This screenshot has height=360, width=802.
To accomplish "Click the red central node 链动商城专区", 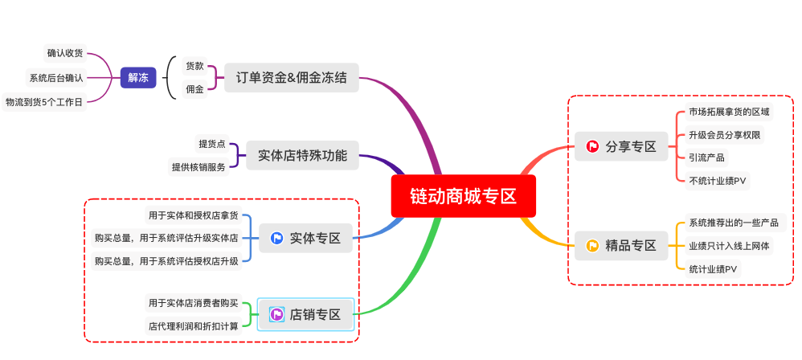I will [463, 196].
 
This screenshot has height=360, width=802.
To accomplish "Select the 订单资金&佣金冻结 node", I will [291, 78].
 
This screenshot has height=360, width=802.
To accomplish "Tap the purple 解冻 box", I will [138, 78].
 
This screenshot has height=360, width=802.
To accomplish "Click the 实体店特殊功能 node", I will [302, 156].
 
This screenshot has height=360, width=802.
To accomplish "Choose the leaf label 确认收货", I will [64, 53].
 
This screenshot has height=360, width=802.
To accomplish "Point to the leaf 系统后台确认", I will [55, 78].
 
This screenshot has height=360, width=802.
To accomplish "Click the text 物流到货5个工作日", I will [44, 102].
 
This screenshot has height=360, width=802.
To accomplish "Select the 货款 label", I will [194, 66].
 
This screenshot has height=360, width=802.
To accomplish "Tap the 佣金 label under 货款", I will [194, 89].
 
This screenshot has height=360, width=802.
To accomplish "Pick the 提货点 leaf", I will [212, 144].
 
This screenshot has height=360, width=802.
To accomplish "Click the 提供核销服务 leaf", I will [198, 167].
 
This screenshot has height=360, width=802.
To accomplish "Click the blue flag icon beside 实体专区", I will [276, 238].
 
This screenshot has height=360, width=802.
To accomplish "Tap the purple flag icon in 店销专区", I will [276, 314].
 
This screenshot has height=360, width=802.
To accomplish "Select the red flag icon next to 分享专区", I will [592, 146].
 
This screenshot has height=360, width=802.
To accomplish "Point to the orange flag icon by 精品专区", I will [592, 245].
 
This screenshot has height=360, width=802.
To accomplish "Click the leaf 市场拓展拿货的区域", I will [729, 112].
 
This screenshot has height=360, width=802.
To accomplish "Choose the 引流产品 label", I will [706, 157].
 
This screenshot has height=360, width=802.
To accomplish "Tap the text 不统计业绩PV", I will [718, 181].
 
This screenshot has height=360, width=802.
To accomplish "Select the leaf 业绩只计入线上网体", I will [729, 246].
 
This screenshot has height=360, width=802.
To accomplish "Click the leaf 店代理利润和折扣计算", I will [193, 326].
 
